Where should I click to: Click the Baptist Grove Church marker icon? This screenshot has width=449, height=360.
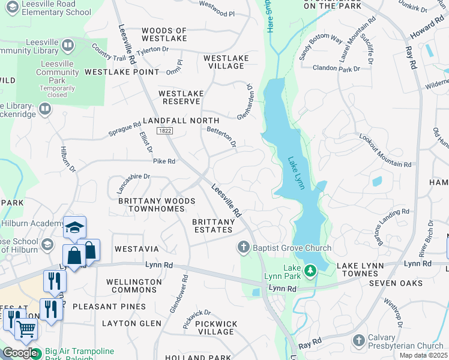click(x=244, y=247)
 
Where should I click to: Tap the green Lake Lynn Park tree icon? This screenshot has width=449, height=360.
click(x=310, y=271)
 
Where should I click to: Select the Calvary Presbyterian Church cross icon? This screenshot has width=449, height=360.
click(x=359, y=341)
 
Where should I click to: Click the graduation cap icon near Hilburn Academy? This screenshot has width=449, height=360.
click(x=75, y=227)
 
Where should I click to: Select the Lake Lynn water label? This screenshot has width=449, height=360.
click(x=296, y=173)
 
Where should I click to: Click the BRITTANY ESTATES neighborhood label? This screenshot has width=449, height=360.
click(x=213, y=226)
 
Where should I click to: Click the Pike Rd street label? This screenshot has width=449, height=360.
click(x=164, y=161)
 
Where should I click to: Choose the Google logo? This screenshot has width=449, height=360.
click(x=19, y=353)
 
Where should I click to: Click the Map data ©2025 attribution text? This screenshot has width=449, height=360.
click(x=423, y=355)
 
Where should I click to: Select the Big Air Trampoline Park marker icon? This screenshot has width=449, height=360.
click(x=36, y=354)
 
